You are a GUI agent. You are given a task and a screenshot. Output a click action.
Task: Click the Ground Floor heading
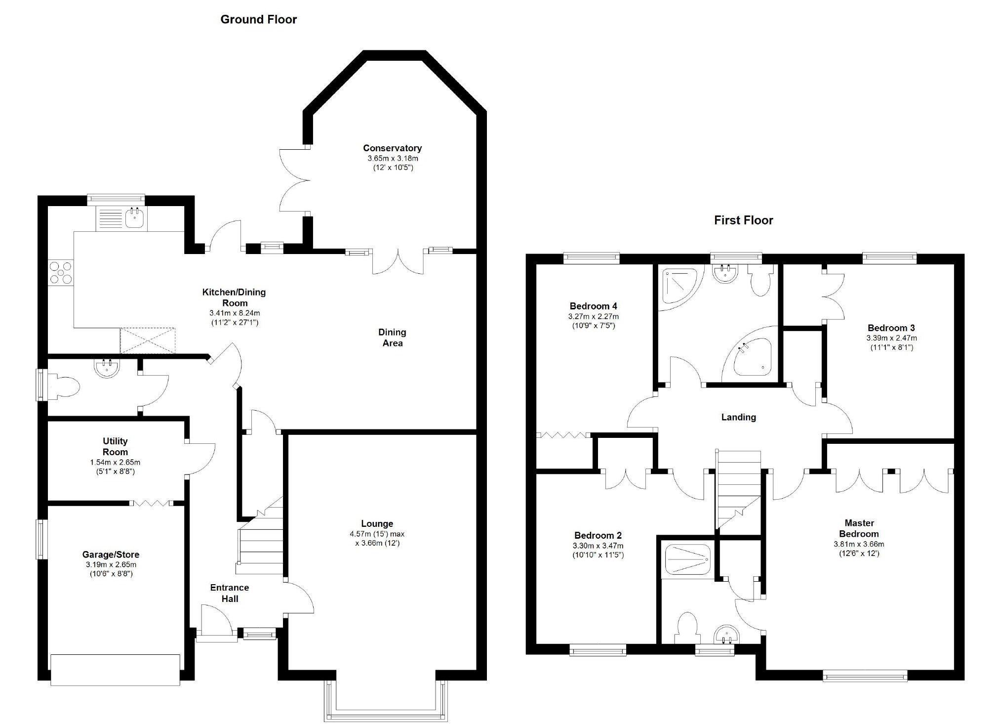pos(258,19)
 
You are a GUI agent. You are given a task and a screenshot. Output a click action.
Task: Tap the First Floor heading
pos(743,220)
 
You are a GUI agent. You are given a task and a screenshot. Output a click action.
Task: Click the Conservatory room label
pos(392,148)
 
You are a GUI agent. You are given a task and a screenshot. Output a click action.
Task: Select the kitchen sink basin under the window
pos(134,218)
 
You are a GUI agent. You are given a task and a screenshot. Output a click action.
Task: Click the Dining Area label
pos(392,338)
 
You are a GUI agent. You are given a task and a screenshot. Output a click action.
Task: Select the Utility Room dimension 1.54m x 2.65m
pos(115,463)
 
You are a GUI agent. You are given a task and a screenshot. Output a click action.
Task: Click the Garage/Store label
pos(111,555)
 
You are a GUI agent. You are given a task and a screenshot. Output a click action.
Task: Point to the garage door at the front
pos(116,670)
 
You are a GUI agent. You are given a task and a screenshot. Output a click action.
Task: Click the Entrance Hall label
pos(229,593)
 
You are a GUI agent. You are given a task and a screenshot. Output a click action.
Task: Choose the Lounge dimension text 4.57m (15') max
pos(377,534)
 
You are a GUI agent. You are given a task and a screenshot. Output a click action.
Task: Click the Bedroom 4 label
pos(593,306)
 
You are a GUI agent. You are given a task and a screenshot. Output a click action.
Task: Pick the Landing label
pos(738,417)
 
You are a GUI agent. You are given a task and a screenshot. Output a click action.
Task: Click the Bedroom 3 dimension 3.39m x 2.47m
pos(891,339)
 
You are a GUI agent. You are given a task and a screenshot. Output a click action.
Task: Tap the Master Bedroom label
pos(859,528)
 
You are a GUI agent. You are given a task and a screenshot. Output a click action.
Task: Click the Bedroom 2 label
pos(598,535)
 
